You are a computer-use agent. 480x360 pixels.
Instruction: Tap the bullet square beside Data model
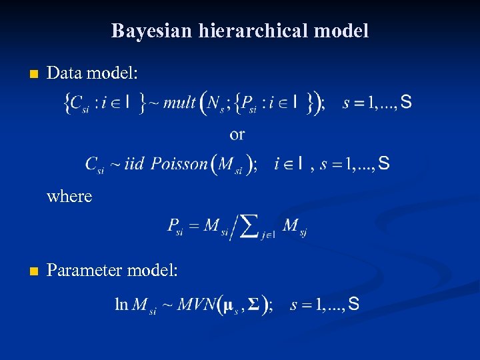coord(27,74)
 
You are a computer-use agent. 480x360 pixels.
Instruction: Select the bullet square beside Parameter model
coord(27,271)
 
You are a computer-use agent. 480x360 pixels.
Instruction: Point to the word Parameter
coord(84,271)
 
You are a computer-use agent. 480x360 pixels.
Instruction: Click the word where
coord(69,196)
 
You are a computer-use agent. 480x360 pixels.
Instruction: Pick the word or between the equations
coord(237,135)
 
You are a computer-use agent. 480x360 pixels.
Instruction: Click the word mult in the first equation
coord(179,103)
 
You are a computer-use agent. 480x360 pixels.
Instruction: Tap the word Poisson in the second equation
coord(179,164)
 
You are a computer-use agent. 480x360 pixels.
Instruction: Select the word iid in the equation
coord(134,164)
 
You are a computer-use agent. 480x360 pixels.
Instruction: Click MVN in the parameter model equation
coord(197,305)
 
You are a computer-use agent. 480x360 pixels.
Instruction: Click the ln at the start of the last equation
coord(121,305)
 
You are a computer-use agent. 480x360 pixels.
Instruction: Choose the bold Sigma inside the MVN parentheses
coord(253,305)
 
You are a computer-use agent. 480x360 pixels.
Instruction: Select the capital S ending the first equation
coord(405,102)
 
